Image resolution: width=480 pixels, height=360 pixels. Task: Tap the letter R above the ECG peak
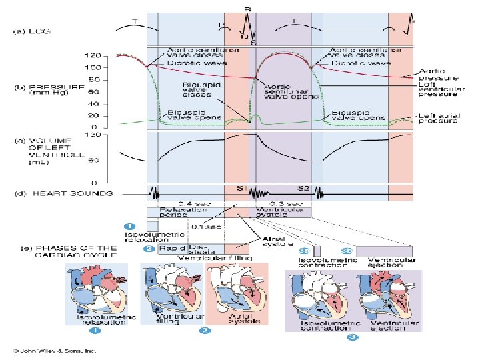click(247, 9)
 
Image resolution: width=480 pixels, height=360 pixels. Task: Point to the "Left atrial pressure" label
click(438, 119)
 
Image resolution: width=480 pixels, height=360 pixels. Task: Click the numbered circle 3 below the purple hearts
click(352, 337)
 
